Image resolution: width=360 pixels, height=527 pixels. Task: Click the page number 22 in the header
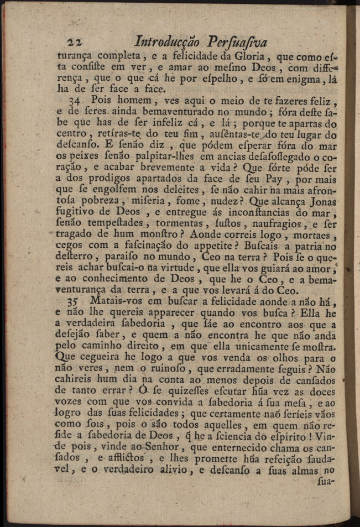[x=74, y=43]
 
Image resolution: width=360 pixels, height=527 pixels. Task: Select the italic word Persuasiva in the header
[x=237, y=42]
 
